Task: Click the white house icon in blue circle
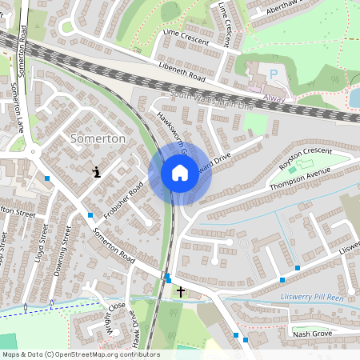pyautogui.click(x=179, y=172)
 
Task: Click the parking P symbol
pyautogui.click(x=274, y=74)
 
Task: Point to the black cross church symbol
pyautogui.click(x=182, y=291)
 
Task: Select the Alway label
pyautogui.click(x=274, y=98)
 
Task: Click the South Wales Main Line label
pyautogui.click(x=211, y=100)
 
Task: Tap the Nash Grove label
pyautogui.click(x=312, y=334)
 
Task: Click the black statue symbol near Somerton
pyautogui.click(x=97, y=171)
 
